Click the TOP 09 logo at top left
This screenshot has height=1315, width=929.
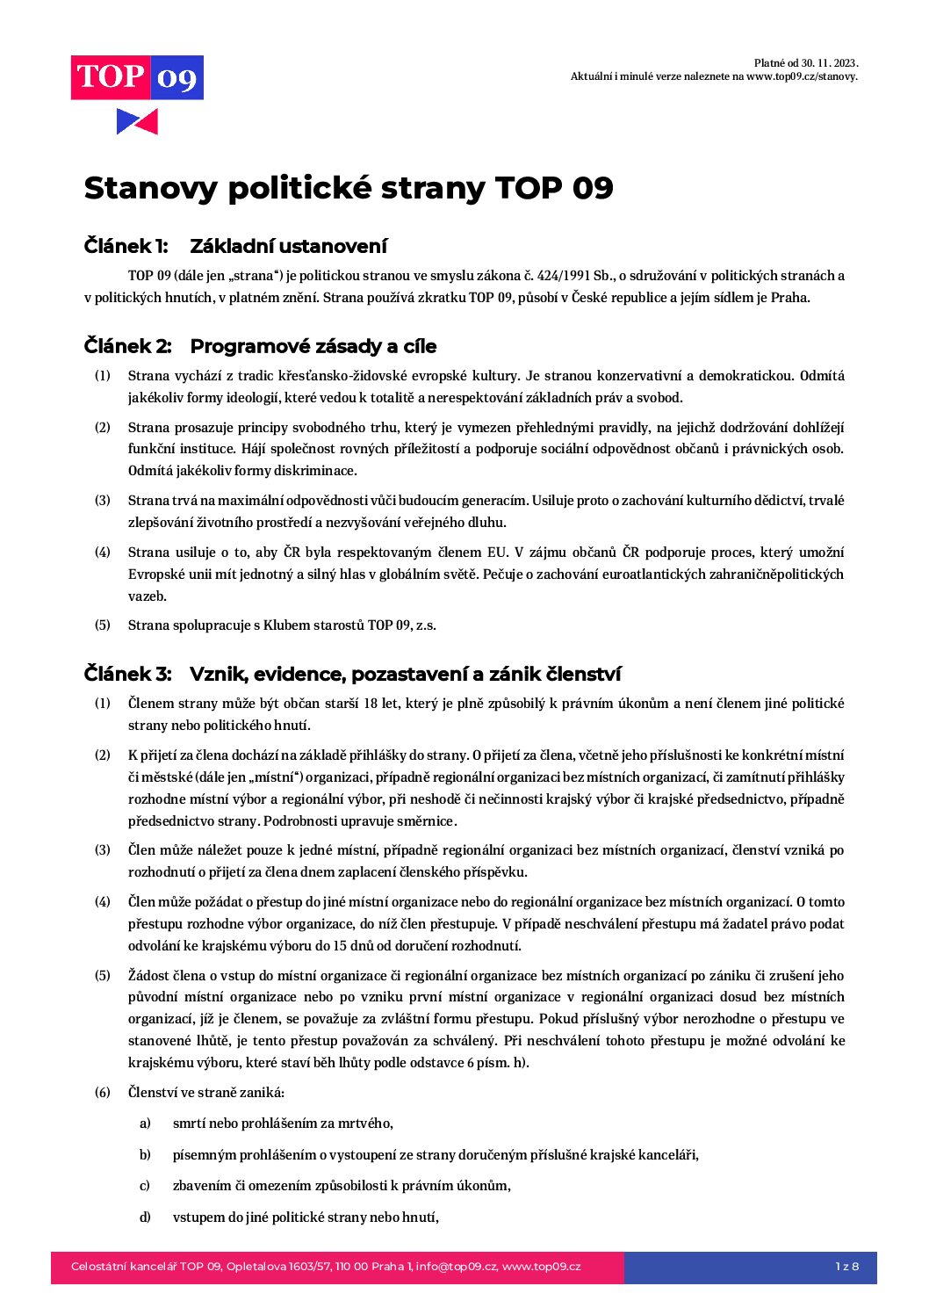(x=137, y=77)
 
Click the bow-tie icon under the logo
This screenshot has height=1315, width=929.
(x=137, y=121)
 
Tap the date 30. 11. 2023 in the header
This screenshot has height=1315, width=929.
(x=822, y=63)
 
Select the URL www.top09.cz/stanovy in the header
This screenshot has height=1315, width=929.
(x=800, y=76)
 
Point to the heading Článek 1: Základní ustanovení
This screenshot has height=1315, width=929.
(x=235, y=246)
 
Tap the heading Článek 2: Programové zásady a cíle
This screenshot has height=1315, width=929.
(x=260, y=346)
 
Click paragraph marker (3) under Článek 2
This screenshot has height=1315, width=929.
(x=103, y=501)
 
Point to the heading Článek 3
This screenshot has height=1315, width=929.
(x=352, y=674)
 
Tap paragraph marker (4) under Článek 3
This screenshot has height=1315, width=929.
(x=103, y=902)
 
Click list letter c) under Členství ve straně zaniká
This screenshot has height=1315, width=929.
(x=145, y=1186)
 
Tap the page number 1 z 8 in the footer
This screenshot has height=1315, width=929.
(x=846, y=1267)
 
